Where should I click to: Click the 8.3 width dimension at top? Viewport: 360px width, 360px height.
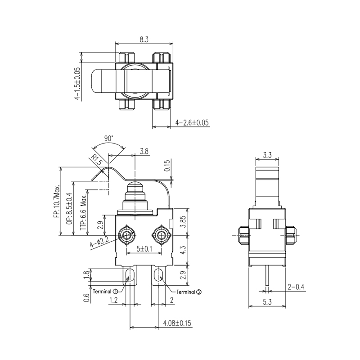[144, 40]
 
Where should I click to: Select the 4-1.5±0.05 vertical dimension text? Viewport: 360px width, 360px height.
[77, 83]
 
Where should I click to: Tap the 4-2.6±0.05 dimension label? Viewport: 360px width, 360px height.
[192, 122]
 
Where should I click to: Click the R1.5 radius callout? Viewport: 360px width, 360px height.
[97, 159]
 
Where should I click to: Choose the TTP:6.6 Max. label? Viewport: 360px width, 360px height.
[83, 213]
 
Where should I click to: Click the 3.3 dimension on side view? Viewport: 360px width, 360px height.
[267, 155]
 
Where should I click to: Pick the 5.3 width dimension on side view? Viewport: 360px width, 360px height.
[267, 303]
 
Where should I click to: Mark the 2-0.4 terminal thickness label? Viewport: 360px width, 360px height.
[295, 287]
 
